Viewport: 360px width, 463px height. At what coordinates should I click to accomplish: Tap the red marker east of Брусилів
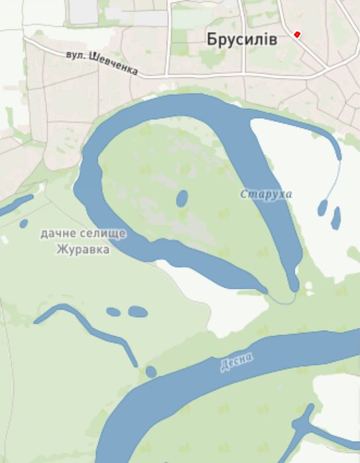coord(297,34)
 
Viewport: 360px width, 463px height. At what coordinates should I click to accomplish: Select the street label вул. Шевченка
coord(102,62)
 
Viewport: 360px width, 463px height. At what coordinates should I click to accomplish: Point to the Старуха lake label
coord(266,194)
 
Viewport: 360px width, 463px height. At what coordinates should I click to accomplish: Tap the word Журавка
coord(84,250)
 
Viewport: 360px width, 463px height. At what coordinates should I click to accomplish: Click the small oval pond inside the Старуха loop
coord(181,198)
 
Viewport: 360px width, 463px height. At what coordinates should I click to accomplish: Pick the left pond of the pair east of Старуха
coord(322,208)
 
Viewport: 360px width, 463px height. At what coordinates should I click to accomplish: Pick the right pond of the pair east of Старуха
coord(336,217)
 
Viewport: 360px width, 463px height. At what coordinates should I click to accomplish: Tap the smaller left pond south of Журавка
coord(113,311)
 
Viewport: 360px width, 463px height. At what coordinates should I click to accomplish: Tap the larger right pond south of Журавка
coord(137,311)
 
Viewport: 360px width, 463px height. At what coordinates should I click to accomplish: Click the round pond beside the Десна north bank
coord(151,372)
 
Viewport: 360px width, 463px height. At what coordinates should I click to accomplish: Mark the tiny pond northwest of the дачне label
coord(24,223)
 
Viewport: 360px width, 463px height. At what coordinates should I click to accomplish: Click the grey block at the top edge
coord(84,11)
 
